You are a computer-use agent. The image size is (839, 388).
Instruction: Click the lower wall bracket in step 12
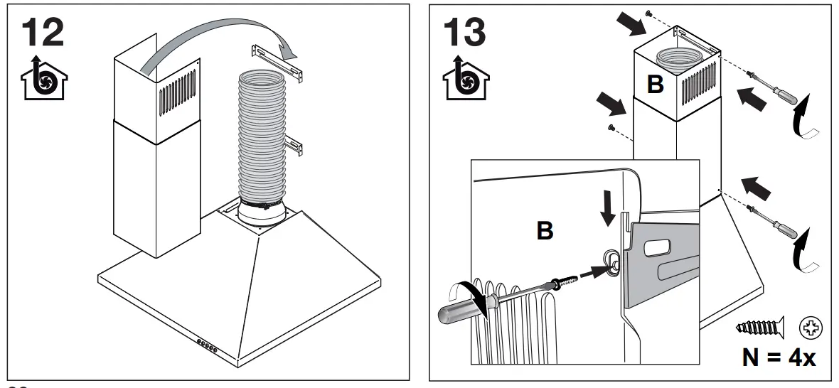[296, 145]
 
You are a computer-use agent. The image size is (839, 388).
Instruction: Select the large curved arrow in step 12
[220, 44]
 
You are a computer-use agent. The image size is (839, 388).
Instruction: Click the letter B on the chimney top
[655, 85]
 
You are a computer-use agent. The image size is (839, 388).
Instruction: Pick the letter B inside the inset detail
[544, 231]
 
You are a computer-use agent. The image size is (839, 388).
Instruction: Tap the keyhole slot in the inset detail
[609, 261]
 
